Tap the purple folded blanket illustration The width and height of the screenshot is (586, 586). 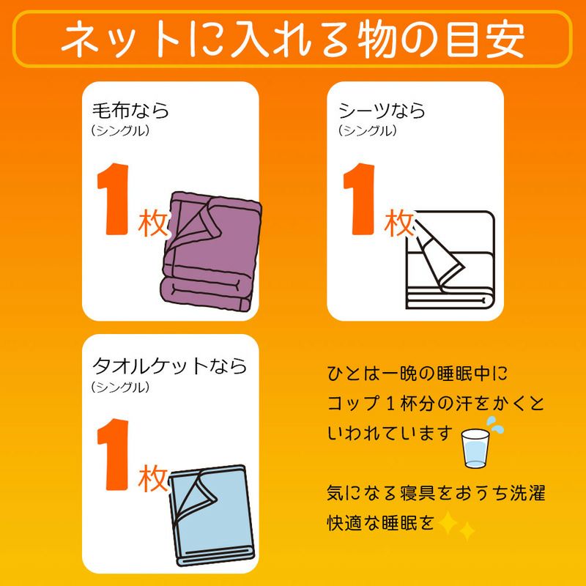(211, 252)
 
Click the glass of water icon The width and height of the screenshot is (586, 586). (475, 448)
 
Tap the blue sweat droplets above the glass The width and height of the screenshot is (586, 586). (494, 425)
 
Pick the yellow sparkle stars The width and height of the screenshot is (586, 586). (456, 525)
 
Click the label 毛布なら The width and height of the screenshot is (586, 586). (130, 111)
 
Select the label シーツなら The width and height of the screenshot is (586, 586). (382, 111)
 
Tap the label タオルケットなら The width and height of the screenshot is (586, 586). (169, 366)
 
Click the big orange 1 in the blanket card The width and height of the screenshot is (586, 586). (113, 199)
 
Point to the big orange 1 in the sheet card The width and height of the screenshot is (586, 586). (358, 199)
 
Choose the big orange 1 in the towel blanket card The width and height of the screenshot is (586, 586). (113, 454)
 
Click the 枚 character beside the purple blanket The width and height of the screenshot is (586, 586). (152, 223)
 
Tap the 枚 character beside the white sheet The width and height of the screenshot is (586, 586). (398, 223)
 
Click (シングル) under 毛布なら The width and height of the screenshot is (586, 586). (120, 131)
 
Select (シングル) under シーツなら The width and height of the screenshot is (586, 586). (367, 131)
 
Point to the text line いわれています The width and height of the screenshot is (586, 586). (390, 434)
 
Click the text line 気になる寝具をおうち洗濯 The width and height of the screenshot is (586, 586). (436, 493)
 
